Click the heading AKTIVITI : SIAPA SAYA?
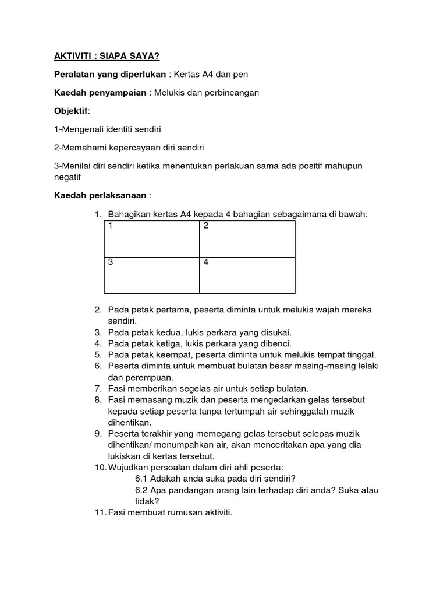click(103, 55)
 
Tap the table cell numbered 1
click(151, 238)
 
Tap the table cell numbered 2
click(247, 238)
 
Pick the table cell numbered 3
click(151, 275)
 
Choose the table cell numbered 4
click(247, 275)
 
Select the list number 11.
click(100, 512)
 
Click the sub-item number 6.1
click(141, 479)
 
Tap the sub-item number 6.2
click(141, 490)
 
